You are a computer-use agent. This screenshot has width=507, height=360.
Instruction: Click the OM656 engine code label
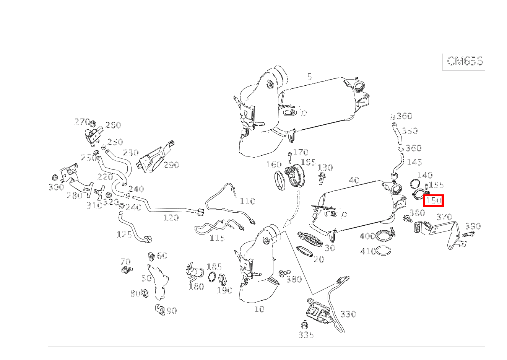click(465, 61)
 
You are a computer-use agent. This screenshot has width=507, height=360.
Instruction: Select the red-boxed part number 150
click(433, 200)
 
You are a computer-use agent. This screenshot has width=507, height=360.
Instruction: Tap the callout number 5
click(309, 77)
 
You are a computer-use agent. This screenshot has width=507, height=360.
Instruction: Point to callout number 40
click(354, 180)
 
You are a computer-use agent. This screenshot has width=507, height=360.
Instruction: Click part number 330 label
click(348, 314)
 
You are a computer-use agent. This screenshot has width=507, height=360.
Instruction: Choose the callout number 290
click(171, 165)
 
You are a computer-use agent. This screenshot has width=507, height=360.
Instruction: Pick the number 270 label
click(81, 122)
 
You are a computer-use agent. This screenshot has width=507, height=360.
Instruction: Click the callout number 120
click(171, 218)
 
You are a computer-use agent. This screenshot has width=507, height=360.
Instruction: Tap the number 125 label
click(124, 234)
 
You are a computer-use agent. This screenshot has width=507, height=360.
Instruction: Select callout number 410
click(368, 251)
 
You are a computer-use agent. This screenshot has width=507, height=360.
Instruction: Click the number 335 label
click(306, 335)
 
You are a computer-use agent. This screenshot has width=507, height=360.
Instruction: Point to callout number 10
click(259, 309)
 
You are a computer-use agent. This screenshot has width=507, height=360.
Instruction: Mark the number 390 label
click(473, 226)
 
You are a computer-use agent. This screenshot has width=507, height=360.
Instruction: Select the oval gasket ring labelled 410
click(384, 251)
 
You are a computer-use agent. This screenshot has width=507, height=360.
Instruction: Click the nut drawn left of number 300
click(54, 178)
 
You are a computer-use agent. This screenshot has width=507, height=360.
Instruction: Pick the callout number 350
click(409, 131)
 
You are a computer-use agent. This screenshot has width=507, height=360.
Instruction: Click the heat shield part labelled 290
click(155, 159)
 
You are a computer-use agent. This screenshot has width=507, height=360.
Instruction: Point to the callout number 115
click(217, 238)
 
